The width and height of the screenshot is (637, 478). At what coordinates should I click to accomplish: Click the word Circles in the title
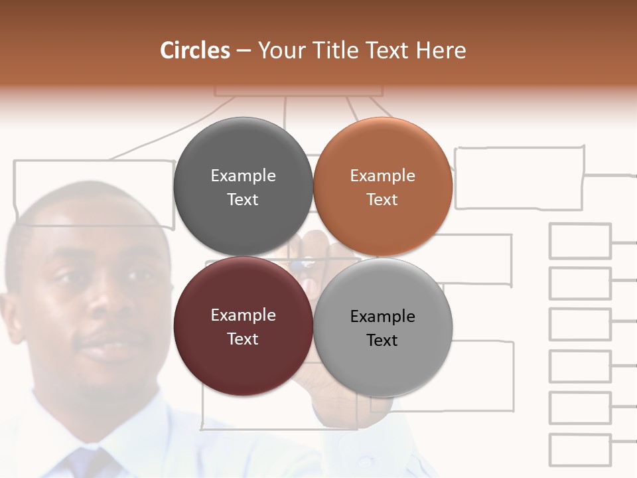pos(195,50)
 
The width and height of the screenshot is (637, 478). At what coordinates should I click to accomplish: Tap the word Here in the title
pos(441,50)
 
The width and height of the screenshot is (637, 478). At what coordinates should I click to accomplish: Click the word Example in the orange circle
pos(382,176)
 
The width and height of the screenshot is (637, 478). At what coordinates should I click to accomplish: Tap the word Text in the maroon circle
pos(243,339)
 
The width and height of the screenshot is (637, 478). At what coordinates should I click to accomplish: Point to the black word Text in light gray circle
pos(382,341)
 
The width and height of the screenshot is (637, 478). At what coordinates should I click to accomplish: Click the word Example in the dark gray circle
pos(243,176)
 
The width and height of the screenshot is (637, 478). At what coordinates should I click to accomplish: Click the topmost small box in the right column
pos(580,241)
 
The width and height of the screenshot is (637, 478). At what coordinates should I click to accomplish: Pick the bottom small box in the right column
pos(580,450)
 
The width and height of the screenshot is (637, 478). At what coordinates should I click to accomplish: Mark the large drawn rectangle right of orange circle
pos(520,178)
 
